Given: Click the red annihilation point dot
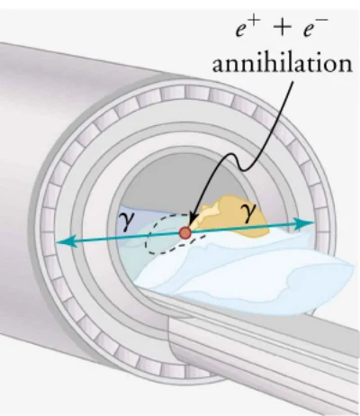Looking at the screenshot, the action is [185, 232].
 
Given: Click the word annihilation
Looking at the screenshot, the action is [282, 64].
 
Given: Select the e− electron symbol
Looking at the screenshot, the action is [315, 28].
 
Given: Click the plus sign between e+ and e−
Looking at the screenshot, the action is [282, 28].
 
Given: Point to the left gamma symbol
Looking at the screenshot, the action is [126, 222].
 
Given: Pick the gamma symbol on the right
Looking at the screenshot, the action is [248, 213].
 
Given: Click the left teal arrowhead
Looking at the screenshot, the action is [66, 241].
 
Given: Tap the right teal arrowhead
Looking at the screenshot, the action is [303, 223].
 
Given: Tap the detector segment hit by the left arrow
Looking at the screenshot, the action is [48, 244].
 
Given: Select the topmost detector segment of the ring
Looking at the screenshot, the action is [197, 92].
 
